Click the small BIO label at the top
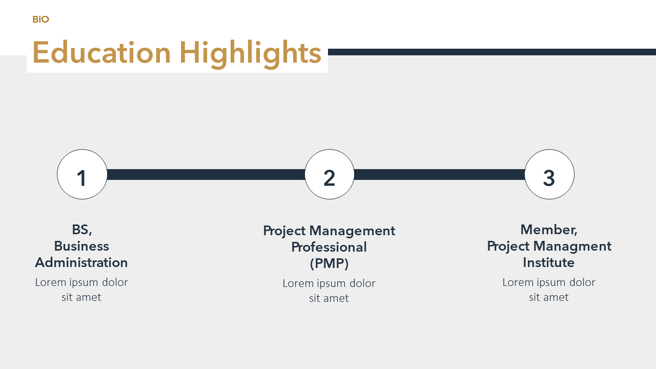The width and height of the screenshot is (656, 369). (x=40, y=19)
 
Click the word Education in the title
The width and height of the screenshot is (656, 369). (x=101, y=53)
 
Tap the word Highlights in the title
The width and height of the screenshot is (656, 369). (x=251, y=55)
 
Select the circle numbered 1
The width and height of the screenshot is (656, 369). (x=83, y=174)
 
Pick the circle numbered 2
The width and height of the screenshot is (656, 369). (x=330, y=174)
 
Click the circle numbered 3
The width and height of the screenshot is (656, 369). (x=549, y=174)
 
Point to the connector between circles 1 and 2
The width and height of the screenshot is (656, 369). (x=206, y=174)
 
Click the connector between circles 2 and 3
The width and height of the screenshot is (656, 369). (x=439, y=174)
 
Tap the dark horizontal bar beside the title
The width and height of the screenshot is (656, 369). (x=492, y=52)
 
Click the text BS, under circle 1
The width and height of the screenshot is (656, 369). (x=82, y=230)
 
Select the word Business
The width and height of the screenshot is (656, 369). (x=81, y=246)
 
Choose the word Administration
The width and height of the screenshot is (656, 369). (x=81, y=262)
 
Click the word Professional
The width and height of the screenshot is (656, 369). (x=329, y=247)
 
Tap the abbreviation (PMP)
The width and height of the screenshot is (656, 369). (x=329, y=263)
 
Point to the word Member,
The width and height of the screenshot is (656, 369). (x=549, y=230)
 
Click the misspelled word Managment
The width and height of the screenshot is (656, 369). (x=572, y=247)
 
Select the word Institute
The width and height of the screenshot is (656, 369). (x=549, y=262)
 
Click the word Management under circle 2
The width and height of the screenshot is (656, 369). (x=352, y=231)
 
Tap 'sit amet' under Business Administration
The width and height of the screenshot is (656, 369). (x=81, y=297)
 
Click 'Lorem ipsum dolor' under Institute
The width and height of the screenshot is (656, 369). (x=549, y=282)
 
